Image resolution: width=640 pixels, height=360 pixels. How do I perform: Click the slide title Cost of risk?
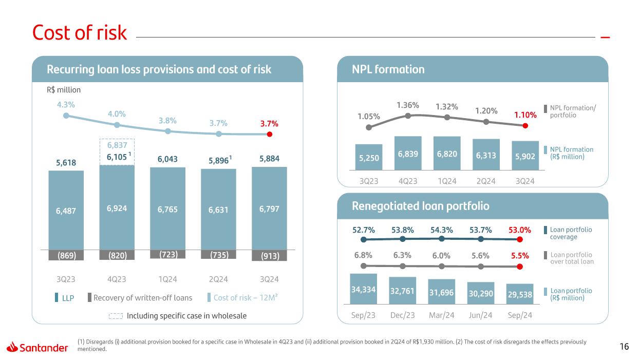coord(79,33)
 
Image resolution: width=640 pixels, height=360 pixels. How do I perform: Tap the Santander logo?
coord(37,348)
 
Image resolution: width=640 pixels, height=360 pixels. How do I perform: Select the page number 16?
coord(624,347)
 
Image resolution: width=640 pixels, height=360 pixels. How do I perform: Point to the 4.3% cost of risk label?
coord(66,104)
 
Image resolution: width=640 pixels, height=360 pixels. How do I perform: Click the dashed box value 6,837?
coord(117,147)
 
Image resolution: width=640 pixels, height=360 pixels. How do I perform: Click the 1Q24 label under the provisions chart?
coord(167,279)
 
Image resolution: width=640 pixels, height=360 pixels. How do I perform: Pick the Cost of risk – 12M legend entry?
coord(246,298)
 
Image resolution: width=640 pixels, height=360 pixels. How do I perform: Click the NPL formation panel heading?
coord(388,69)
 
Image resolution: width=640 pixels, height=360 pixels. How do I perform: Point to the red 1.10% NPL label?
coord(525,116)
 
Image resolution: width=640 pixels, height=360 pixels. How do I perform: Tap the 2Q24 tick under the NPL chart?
coord(486,181)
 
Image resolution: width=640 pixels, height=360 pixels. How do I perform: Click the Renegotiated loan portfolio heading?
coord(420,206)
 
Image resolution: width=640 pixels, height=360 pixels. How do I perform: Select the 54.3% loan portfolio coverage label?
coord(441,230)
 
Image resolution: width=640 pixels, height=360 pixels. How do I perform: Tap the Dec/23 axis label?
coord(402,315)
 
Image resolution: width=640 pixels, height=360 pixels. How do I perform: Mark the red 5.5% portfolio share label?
coord(520,255)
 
